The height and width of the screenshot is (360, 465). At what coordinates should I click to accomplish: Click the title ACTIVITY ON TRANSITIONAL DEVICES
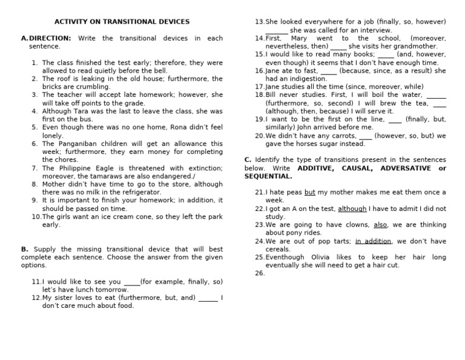click(x=122, y=22)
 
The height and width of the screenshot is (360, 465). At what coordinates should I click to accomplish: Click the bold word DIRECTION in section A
click(x=50, y=38)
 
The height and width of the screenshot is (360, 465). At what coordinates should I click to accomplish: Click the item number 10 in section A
click(x=36, y=216)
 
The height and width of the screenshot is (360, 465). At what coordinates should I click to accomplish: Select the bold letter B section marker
click(x=24, y=249)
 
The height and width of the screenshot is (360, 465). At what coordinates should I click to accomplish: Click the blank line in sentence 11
click(x=131, y=282)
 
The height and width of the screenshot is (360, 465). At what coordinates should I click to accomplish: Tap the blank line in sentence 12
click(x=208, y=298)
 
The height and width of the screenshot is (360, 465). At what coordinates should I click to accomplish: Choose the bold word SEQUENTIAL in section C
click(x=268, y=176)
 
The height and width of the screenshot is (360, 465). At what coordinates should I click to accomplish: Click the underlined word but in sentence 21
click(x=309, y=192)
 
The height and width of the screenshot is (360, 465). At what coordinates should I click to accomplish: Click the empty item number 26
click(x=260, y=273)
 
